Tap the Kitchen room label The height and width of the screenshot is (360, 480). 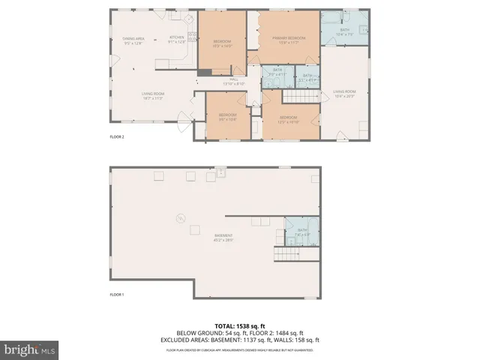[177, 40]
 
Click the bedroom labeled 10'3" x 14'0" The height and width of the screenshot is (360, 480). [223, 43]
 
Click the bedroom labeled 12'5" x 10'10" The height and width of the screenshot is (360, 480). [289, 118]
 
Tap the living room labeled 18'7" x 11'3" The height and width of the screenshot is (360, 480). [153, 95]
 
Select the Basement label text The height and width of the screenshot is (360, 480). [223, 238]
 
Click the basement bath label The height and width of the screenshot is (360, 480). [302, 232]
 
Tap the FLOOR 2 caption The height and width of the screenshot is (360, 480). [117, 137]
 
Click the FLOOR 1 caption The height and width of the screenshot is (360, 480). [117, 295]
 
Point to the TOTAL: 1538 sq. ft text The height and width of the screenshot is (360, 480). [239, 326]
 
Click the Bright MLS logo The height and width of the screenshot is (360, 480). [29, 349]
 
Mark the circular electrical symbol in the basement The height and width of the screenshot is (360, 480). [179, 218]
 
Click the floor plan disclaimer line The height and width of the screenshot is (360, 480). [239, 349]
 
